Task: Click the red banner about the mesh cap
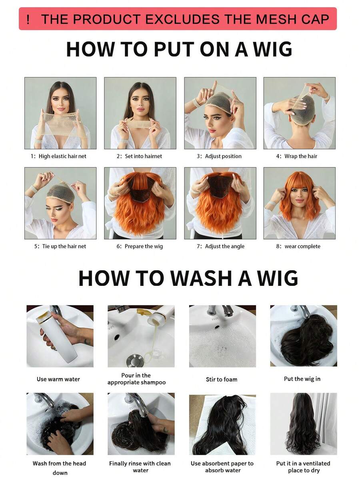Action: click(178, 19)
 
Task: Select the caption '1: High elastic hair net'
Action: click(58, 156)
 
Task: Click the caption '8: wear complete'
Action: click(298, 246)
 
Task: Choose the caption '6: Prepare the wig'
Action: click(140, 246)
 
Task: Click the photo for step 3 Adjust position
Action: click(220, 113)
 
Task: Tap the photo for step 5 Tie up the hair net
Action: click(60, 203)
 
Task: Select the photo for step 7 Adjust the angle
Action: click(220, 203)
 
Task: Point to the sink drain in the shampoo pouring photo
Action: click(134, 360)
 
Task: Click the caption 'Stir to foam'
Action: click(222, 379)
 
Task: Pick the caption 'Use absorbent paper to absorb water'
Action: click(222, 467)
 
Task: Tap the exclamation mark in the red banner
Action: click(28, 19)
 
